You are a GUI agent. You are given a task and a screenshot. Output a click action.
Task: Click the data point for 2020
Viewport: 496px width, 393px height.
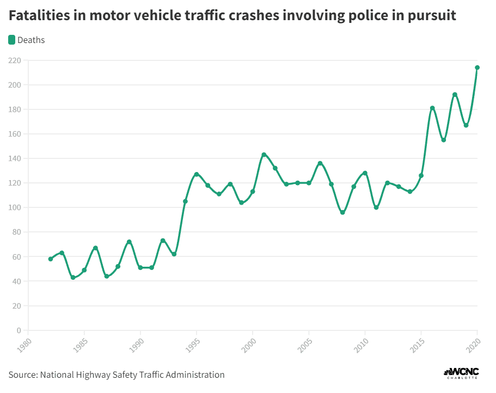pyautogui.click(x=477, y=67)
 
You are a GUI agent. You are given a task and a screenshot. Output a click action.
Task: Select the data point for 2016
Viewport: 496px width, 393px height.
pyautogui.click(x=432, y=108)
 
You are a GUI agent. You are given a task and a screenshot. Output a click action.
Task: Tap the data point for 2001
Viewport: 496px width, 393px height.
pyautogui.click(x=264, y=155)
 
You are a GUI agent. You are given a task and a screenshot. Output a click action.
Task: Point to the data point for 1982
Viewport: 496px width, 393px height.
pyautogui.click(x=51, y=259)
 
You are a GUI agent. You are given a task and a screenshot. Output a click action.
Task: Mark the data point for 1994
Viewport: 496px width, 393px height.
pyautogui.click(x=185, y=201)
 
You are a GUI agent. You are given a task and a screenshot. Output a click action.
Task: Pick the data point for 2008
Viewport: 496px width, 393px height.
pyautogui.click(x=342, y=212)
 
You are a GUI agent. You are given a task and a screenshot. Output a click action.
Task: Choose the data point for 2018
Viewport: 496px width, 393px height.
pyautogui.click(x=455, y=95)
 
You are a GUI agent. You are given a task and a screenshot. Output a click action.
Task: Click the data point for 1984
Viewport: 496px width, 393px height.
pyautogui.click(x=73, y=278)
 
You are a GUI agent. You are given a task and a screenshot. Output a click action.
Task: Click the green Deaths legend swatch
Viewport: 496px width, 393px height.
pyautogui.click(x=12, y=40)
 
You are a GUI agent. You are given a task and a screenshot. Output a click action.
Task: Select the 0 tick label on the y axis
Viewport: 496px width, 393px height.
pyautogui.click(x=19, y=330)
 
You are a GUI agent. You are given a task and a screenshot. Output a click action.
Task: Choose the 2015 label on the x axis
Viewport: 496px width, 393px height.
pyautogui.click(x=415, y=344)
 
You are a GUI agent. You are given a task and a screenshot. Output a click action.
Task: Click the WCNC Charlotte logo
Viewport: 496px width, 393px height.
pyautogui.click(x=461, y=373)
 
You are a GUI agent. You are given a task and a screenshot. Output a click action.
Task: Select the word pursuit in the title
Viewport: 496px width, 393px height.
pyautogui.click(x=430, y=16)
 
